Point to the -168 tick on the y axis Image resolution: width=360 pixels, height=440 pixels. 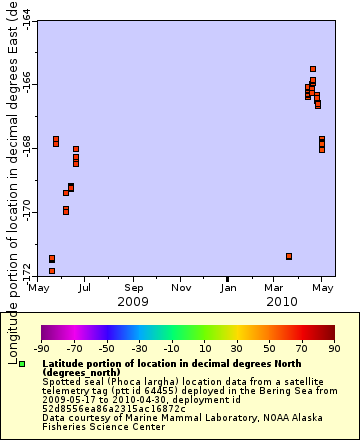tap(25, 149)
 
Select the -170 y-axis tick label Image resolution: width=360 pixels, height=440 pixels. tap(25, 213)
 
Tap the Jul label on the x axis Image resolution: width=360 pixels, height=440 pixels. tap(85, 288)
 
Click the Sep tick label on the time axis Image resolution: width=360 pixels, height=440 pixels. tap(133, 288)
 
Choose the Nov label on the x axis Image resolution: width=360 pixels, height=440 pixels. tap(181, 288)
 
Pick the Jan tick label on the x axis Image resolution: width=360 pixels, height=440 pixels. tap(228, 288)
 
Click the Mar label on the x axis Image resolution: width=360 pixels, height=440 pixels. tap(274, 288)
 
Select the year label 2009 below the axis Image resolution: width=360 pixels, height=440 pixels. tap(133, 301)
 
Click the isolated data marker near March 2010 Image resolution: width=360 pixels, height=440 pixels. tap(289, 257)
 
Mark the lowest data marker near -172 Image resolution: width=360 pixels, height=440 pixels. tap(52, 271)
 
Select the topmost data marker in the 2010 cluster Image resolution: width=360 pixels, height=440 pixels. tap(313, 69)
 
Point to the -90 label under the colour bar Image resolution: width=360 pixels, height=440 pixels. tap(41, 349)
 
